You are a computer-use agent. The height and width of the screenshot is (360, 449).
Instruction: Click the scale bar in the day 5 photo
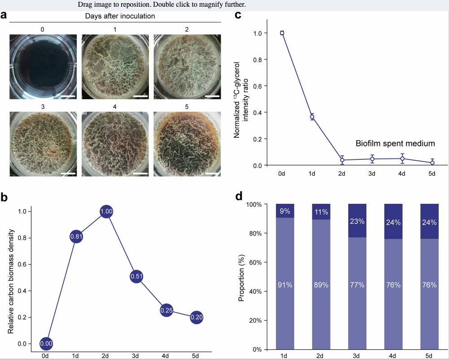tap(213, 172)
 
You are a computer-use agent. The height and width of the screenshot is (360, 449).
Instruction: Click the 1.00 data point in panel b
tap(106, 212)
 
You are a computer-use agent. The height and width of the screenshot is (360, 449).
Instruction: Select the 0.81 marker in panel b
tap(76, 237)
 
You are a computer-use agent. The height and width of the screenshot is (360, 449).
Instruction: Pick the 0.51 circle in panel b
tap(136, 277)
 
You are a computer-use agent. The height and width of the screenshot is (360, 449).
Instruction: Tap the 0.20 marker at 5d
tap(196, 317)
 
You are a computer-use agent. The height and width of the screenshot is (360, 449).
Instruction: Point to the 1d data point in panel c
tap(312, 117)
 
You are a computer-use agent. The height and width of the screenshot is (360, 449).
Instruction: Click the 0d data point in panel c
tap(282, 33)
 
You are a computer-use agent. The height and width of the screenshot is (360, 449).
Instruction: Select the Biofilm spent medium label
tap(395, 144)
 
